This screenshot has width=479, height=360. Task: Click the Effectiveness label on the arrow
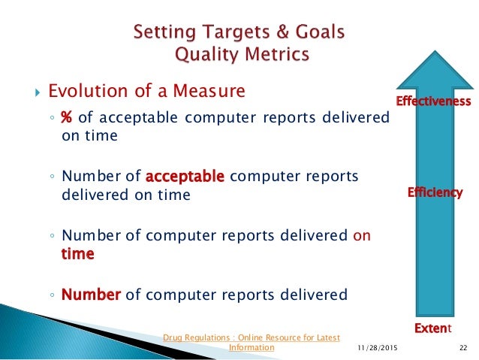pos(433,101)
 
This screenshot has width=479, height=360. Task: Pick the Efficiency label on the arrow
pos(435,193)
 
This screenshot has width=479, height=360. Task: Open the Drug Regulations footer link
pos(252,337)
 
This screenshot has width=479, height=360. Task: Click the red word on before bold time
pos(361,235)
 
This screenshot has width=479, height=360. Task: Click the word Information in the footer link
pos(252,348)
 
